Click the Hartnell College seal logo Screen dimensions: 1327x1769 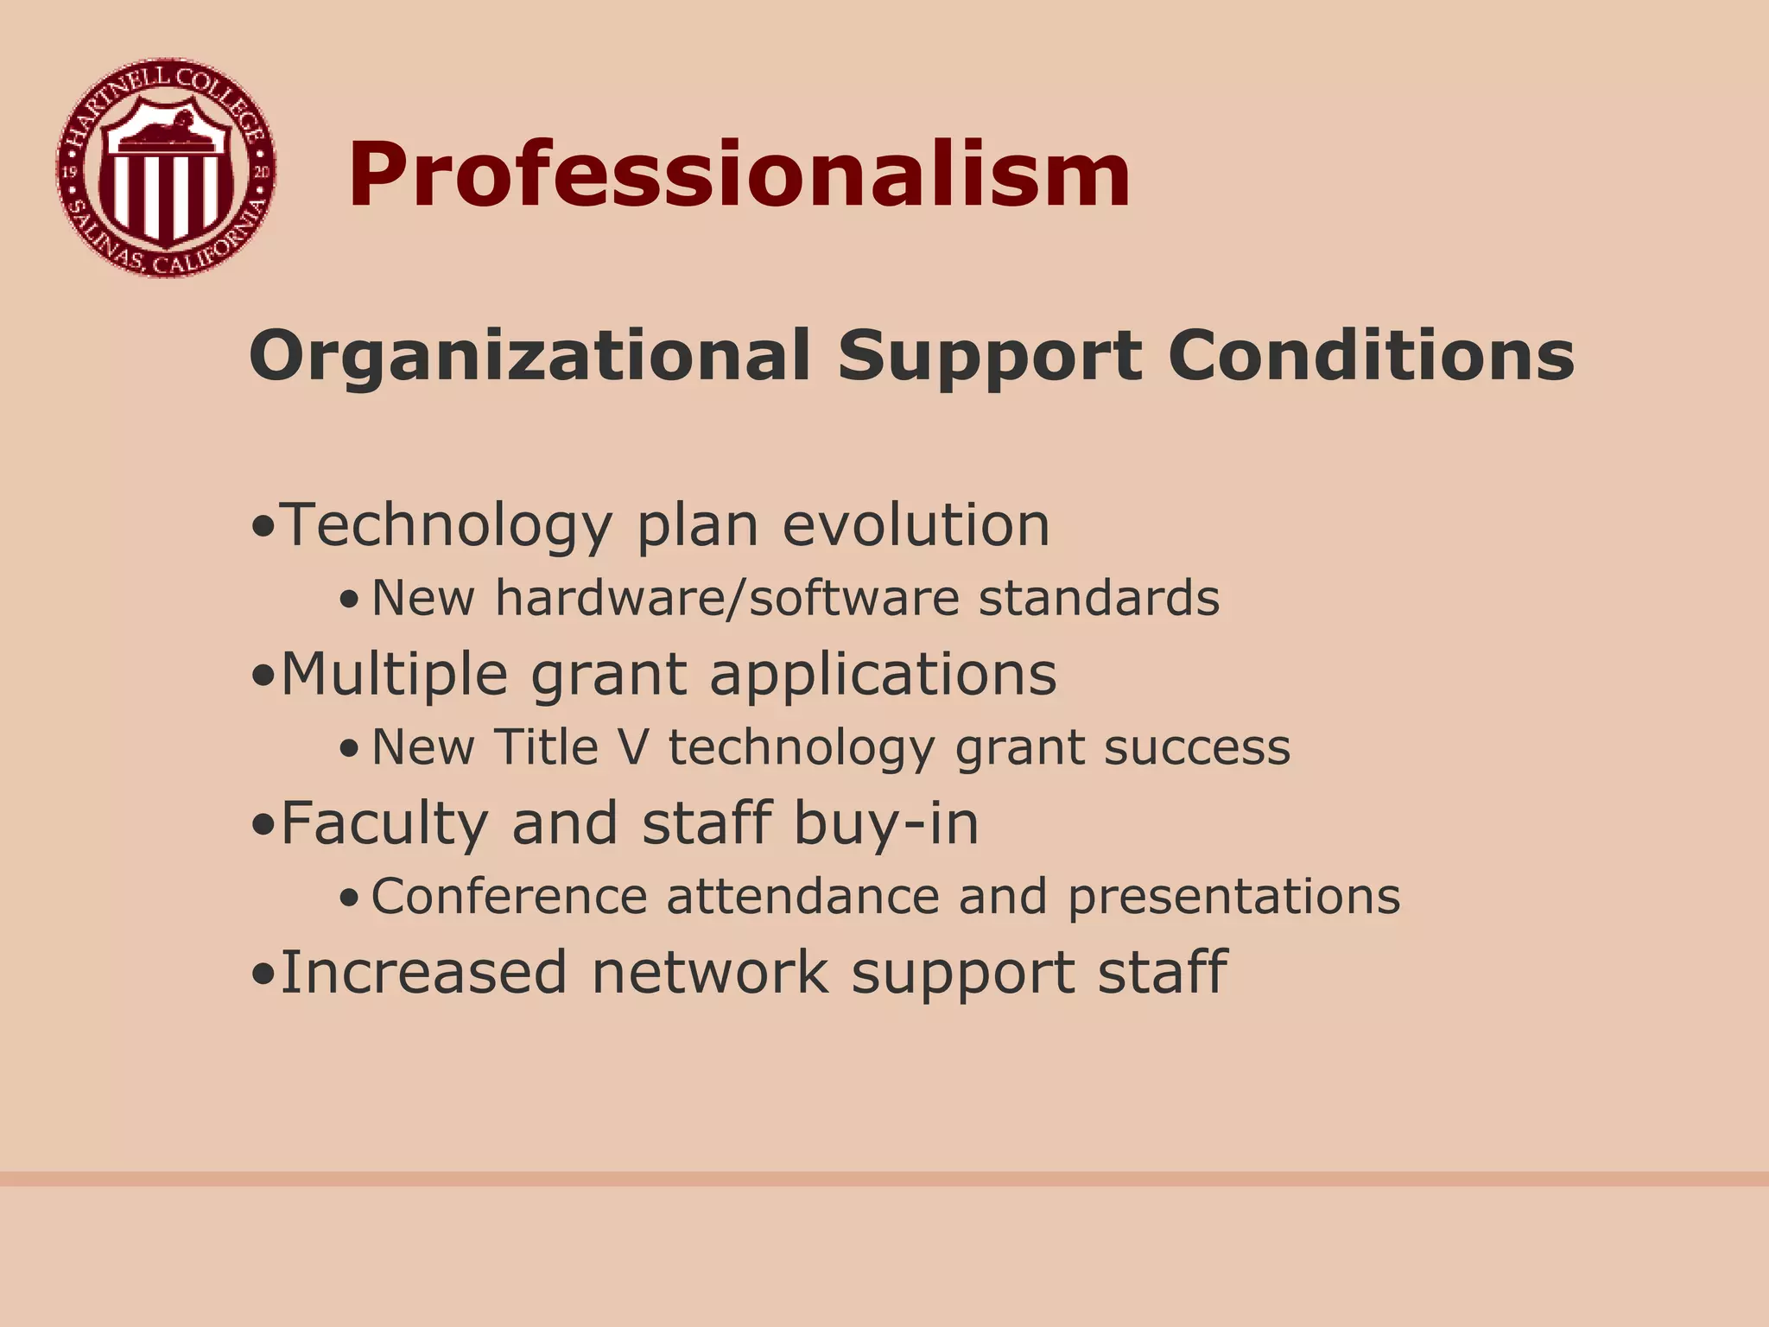pos(166,168)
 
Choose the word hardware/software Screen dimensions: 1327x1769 pos(726,598)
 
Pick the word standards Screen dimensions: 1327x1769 pos(1099,597)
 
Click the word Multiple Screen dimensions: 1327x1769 pos(394,675)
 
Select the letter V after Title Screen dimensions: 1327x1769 pos(634,746)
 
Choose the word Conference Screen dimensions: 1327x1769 pos(509,896)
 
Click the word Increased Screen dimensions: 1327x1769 pos(423,972)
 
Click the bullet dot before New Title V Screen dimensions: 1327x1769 pos(348,749)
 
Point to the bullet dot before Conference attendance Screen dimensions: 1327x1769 pos(348,898)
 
